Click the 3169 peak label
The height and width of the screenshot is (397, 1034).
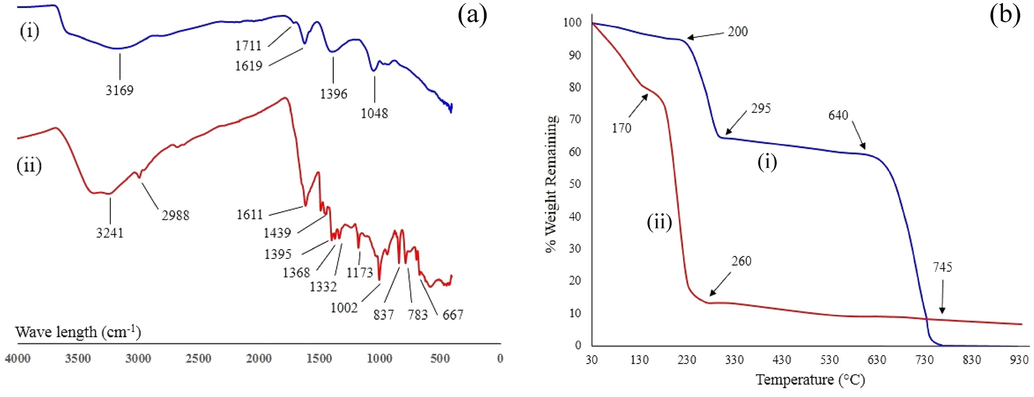click(120, 91)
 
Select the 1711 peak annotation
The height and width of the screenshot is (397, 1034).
click(248, 46)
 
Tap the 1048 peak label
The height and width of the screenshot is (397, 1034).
click(374, 113)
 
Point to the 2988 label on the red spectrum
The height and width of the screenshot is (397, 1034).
click(175, 215)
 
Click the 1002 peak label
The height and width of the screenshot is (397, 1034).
click(344, 308)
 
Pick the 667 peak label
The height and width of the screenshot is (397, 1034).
click(453, 315)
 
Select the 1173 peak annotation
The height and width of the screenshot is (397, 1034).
click(360, 272)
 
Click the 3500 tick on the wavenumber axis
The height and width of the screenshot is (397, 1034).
click(78, 359)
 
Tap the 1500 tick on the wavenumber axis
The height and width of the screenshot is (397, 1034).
click(319, 359)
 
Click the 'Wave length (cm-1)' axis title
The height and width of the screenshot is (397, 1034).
click(78, 332)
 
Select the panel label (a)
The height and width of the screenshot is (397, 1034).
click(472, 15)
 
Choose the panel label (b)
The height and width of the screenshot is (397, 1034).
click(1005, 14)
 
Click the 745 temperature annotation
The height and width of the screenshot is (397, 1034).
click(942, 267)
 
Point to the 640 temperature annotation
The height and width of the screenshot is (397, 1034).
click(838, 115)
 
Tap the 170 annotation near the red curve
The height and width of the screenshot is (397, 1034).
click(621, 128)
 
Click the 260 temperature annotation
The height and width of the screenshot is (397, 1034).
click(741, 261)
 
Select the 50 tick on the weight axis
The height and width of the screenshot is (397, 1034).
click(574, 184)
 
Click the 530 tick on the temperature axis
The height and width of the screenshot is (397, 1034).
click(829, 360)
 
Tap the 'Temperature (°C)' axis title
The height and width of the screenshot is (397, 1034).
click(810, 380)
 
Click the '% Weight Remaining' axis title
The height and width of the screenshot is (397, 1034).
click(551, 184)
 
